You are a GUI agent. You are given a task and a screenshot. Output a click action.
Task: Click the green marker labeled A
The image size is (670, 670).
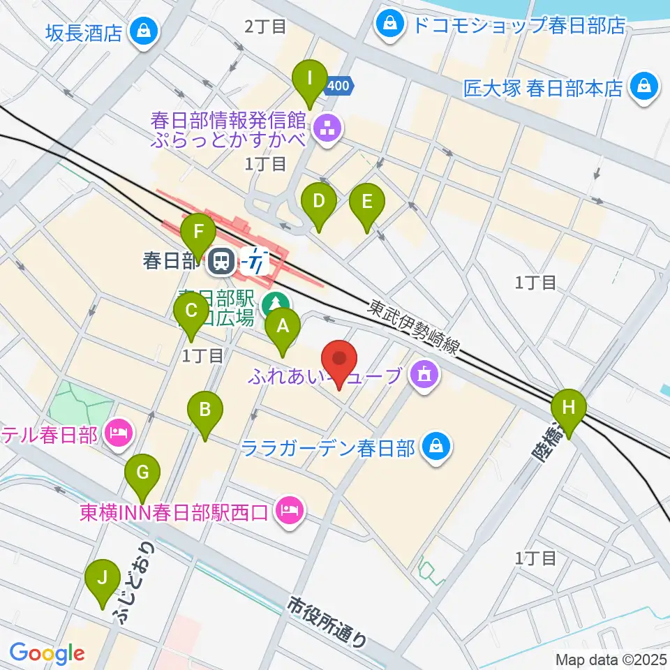coord(283,327)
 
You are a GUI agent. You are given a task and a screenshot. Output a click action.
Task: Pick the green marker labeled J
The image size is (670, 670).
coord(103,579)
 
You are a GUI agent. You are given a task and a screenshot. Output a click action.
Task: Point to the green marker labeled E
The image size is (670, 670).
coord(367,203)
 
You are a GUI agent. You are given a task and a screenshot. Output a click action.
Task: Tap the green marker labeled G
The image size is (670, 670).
coord(142,473)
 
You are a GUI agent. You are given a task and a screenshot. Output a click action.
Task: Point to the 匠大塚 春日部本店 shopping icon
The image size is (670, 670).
coord(641,87)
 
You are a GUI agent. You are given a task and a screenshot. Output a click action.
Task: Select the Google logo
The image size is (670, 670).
coord(47,653)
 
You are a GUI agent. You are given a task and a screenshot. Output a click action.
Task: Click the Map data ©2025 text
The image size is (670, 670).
coord(611,659)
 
